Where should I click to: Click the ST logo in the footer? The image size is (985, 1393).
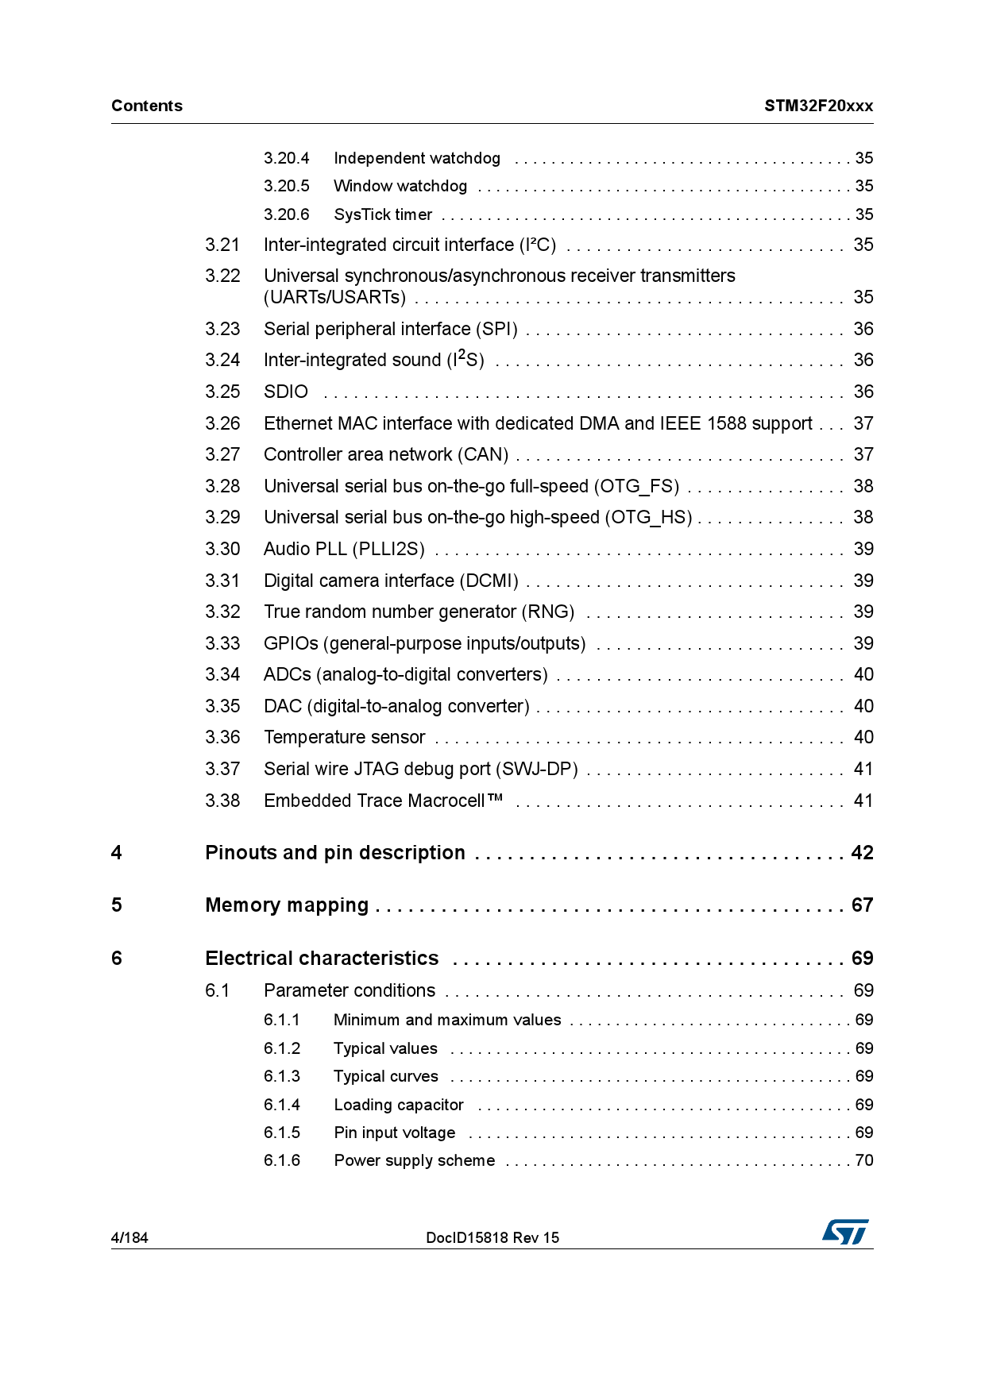[845, 1232]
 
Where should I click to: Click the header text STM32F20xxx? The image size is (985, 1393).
[818, 106]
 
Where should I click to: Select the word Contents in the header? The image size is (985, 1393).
[147, 106]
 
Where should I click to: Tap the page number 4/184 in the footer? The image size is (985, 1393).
[129, 1237]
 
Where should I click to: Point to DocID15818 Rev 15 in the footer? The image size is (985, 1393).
[492, 1237]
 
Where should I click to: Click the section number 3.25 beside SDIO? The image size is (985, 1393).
[222, 392]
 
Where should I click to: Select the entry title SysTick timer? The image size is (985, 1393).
[383, 214]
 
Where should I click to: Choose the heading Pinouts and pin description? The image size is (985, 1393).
[334, 852]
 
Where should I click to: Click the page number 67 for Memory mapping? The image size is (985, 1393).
[862, 905]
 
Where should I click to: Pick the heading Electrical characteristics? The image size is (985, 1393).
[322, 958]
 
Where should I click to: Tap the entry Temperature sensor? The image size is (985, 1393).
[344, 737]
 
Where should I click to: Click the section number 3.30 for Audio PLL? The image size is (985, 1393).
[222, 549]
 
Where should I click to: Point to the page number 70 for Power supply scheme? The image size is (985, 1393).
[863, 1160]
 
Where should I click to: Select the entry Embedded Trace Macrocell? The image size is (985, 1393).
[383, 801]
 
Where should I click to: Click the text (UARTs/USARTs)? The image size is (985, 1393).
[334, 297]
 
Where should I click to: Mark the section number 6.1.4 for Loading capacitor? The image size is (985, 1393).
[282, 1105]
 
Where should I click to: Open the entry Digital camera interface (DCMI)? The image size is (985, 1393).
[391, 581]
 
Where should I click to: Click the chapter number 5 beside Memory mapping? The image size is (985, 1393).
[117, 905]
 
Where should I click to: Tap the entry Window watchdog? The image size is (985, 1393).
[400, 186]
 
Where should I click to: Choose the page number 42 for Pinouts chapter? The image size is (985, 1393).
[862, 852]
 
